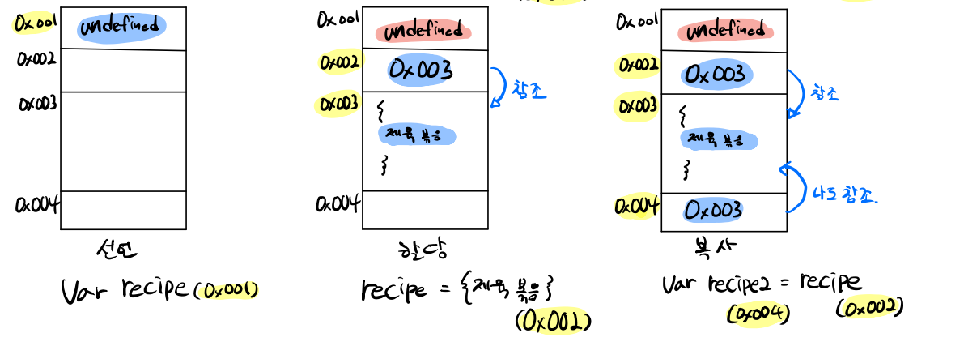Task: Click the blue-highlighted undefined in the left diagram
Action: (122, 27)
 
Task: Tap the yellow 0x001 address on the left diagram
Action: (34, 23)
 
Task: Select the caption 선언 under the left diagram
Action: (117, 250)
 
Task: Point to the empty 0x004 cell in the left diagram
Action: (123, 210)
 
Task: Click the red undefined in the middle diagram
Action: (423, 31)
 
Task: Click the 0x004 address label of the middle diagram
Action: (338, 203)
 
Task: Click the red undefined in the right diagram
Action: (724, 31)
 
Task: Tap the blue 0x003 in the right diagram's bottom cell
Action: (713, 210)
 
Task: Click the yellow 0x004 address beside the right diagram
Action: (637, 207)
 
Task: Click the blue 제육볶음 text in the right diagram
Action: (718, 139)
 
